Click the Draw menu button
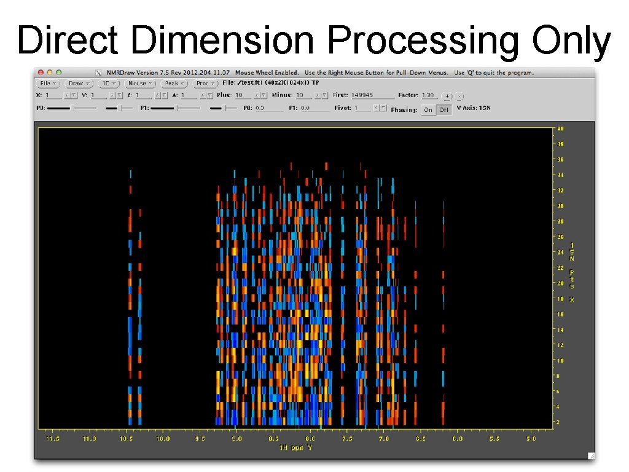[x=79, y=83]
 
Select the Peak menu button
[x=174, y=83]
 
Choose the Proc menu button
[x=205, y=83]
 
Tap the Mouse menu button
[x=140, y=83]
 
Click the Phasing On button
[x=428, y=109]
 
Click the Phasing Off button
[x=443, y=109]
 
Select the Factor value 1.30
[x=428, y=95]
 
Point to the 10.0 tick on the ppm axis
[x=163, y=439]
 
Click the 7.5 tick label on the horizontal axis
[x=347, y=439]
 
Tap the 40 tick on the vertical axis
[x=560, y=129]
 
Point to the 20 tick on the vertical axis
[x=560, y=283]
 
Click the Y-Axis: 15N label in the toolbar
[x=474, y=108]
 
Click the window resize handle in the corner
[x=590, y=455]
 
